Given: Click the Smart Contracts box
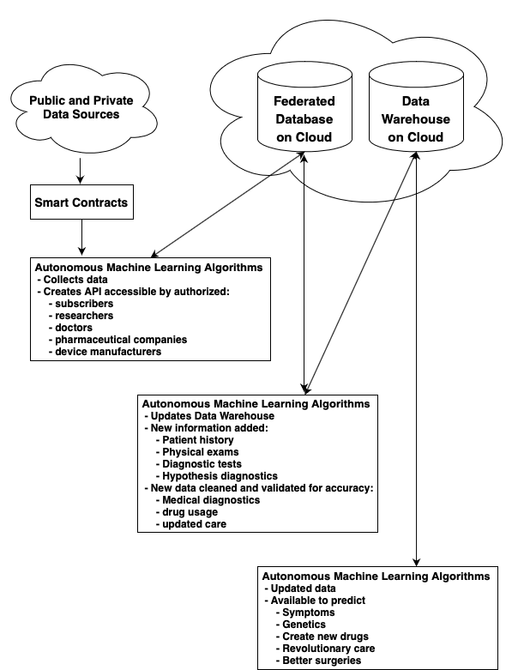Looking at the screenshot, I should point(81,203).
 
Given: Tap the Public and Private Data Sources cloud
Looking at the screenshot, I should point(75,106).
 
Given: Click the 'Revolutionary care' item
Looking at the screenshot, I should point(328,649).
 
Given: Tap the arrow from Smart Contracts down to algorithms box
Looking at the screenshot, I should point(81,237).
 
